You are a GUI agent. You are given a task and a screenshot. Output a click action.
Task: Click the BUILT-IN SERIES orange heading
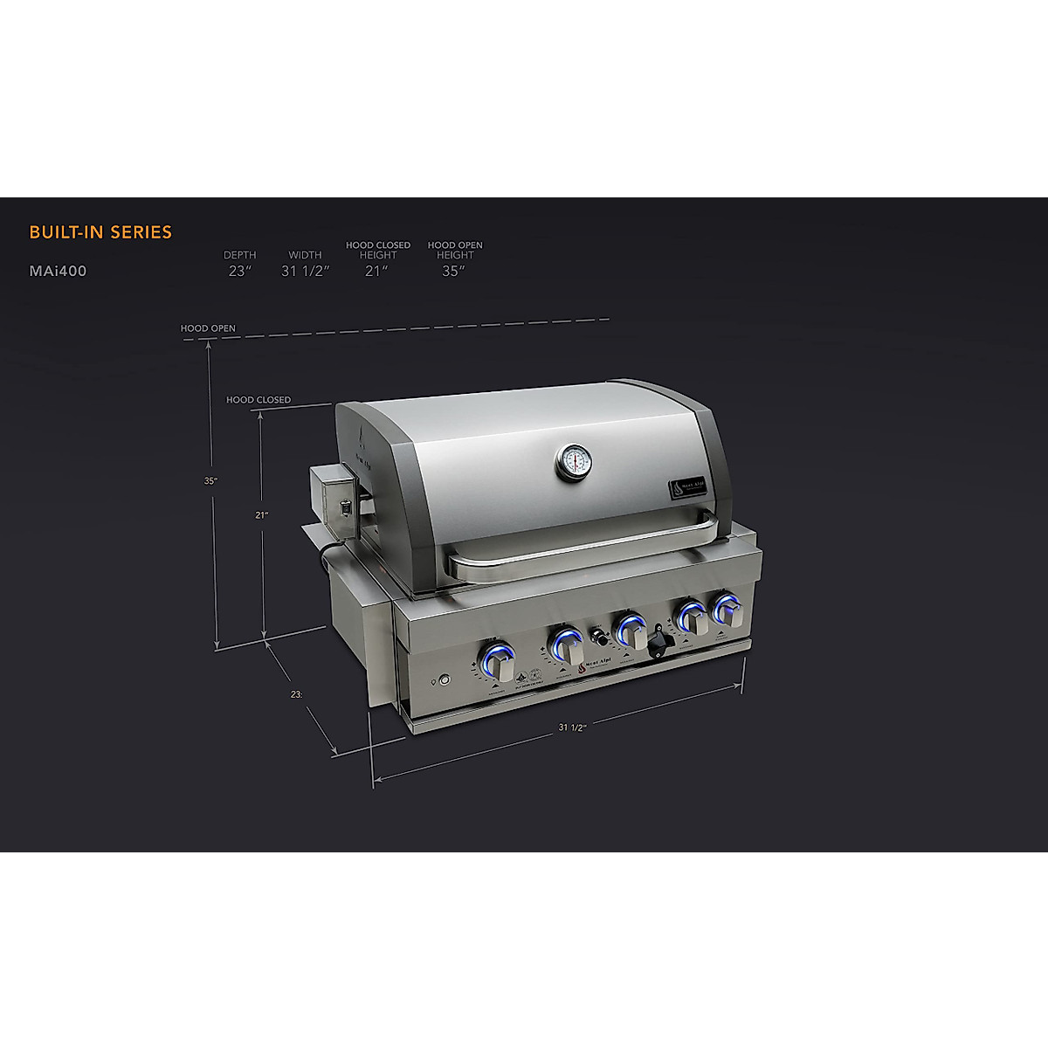(100, 232)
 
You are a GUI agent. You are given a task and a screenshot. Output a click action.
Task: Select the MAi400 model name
(58, 271)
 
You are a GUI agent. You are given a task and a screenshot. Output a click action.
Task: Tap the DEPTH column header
(239, 255)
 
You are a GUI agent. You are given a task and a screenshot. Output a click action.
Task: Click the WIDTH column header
(305, 255)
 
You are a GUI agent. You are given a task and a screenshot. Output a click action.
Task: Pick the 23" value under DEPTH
(239, 272)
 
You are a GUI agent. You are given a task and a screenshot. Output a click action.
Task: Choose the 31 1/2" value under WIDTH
(305, 272)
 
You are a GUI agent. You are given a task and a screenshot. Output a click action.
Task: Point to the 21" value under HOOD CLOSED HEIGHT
(377, 272)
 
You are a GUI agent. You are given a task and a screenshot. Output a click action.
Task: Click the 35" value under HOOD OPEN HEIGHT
(453, 272)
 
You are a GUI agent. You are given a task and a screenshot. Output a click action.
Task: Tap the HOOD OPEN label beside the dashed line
(208, 329)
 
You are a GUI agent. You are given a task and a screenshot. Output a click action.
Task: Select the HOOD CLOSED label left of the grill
(259, 400)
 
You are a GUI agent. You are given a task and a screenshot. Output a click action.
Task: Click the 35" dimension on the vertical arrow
(210, 481)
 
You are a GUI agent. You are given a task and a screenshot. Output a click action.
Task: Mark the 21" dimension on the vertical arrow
(262, 515)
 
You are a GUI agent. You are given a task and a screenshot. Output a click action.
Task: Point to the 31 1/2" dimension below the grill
(572, 727)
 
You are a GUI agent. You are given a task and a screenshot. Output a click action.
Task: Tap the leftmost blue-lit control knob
(498, 659)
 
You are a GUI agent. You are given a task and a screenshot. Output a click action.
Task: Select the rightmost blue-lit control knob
(726, 608)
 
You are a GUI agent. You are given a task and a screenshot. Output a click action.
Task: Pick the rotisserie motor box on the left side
(334, 501)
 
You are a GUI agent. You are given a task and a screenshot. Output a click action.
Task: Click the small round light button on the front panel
(444, 679)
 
